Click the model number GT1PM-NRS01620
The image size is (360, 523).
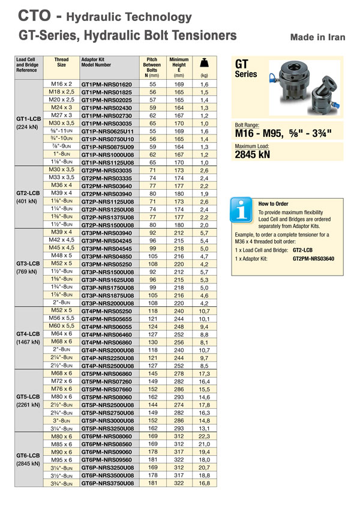click(x=106, y=84)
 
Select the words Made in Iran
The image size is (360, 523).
click(x=317, y=37)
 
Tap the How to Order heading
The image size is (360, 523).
click(x=274, y=204)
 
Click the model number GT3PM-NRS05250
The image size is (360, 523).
click(x=106, y=264)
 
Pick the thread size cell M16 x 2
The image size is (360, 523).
click(x=61, y=84)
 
